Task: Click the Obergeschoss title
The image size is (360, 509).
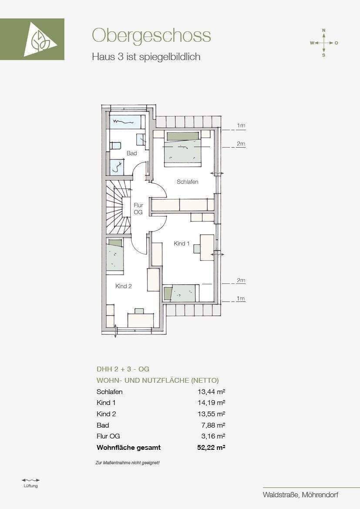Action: tap(151, 35)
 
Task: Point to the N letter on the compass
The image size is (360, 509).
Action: tap(323, 30)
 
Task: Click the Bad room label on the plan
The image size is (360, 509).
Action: tap(132, 153)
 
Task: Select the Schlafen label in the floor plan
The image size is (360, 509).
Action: tap(187, 182)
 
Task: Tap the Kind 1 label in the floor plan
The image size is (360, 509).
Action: tap(182, 243)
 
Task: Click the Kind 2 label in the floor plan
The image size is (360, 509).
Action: tap(124, 287)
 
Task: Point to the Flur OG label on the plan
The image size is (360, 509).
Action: tap(138, 209)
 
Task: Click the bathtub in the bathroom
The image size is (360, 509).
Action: tap(126, 122)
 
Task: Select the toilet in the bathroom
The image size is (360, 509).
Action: tap(115, 145)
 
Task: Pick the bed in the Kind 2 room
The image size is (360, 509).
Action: tap(115, 254)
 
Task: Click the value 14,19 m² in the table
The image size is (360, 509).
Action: tap(212, 403)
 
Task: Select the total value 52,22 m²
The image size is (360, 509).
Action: tap(211, 448)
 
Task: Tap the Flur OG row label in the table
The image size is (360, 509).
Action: tap(108, 436)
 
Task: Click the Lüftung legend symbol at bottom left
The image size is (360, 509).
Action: tap(31, 480)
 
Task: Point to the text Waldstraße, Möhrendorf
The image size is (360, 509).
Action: tap(301, 495)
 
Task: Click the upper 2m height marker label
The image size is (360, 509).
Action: tap(241, 144)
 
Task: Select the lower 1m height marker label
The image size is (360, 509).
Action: tap(241, 299)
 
